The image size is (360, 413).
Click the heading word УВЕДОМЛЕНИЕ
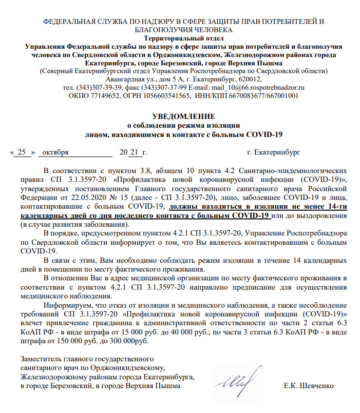[x=183, y=116]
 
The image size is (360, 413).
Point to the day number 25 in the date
[x=21, y=152]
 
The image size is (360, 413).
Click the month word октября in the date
[x=56, y=152]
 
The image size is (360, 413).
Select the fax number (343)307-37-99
[x=165, y=87]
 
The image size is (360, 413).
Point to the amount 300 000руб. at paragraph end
[x=128, y=341]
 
